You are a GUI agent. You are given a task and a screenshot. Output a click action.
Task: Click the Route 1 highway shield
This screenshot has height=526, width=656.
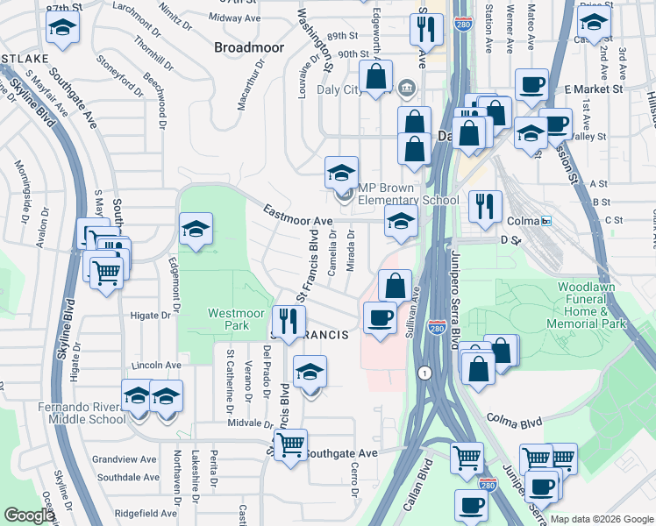click(424, 372)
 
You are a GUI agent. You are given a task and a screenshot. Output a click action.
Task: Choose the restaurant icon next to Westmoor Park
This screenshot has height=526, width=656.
click(286, 321)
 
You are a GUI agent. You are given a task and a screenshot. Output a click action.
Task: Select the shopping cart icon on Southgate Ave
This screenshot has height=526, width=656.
click(290, 444)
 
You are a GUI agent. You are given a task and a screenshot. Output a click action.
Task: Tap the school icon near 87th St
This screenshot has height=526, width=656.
click(61, 30)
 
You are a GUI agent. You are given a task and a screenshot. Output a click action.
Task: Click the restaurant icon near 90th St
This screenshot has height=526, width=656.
click(424, 30)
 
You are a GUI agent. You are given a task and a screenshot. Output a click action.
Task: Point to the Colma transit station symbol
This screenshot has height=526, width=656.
click(546, 221)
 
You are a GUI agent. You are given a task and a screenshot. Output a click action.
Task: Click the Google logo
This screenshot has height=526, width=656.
click(29, 515)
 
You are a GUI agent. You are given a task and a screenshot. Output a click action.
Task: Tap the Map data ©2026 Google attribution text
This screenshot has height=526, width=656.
click(602, 519)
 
